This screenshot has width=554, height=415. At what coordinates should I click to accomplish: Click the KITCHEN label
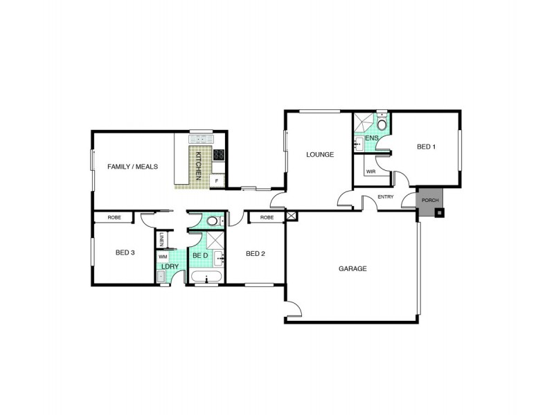pyautogui.click(x=198, y=166)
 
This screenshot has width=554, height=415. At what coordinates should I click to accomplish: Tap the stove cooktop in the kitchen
pyautogui.click(x=218, y=155)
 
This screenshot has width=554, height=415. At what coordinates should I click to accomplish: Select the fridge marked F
pyautogui.click(x=217, y=181)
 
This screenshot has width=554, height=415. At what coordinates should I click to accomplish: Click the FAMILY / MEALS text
pyautogui.click(x=133, y=167)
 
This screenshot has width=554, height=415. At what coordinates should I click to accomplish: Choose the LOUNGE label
pyautogui.click(x=320, y=154)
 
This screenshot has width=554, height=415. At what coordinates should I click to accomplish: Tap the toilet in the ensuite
pyautogui.click(x=382, y=124)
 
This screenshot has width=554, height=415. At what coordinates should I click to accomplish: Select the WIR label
pyautogui.click(x=370, y=171)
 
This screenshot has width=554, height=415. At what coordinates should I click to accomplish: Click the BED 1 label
pyautogui.click(x=426, y=147)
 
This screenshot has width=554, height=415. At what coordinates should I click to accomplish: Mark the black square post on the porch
pyautogui.click(x=438, y=213)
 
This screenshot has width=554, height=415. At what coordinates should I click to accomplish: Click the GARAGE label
pyautogui.click(x=352, y=268)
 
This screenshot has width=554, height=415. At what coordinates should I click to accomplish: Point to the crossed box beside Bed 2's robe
pyautogui.click(x=291, y=216)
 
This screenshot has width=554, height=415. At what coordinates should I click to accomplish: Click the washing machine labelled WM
pyautogui.click(x=163, y=257)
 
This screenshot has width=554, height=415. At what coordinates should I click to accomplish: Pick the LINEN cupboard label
pyautogui.click(x=161, y=239)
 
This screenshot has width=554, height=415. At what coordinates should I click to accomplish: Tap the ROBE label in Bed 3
pyautogui.click(x=114, y=217)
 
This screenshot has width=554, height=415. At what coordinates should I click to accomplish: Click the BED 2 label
pyautogui.click(x=256, y=254)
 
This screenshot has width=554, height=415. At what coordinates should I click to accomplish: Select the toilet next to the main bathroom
pyautogui.click(x=215, y=221)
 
